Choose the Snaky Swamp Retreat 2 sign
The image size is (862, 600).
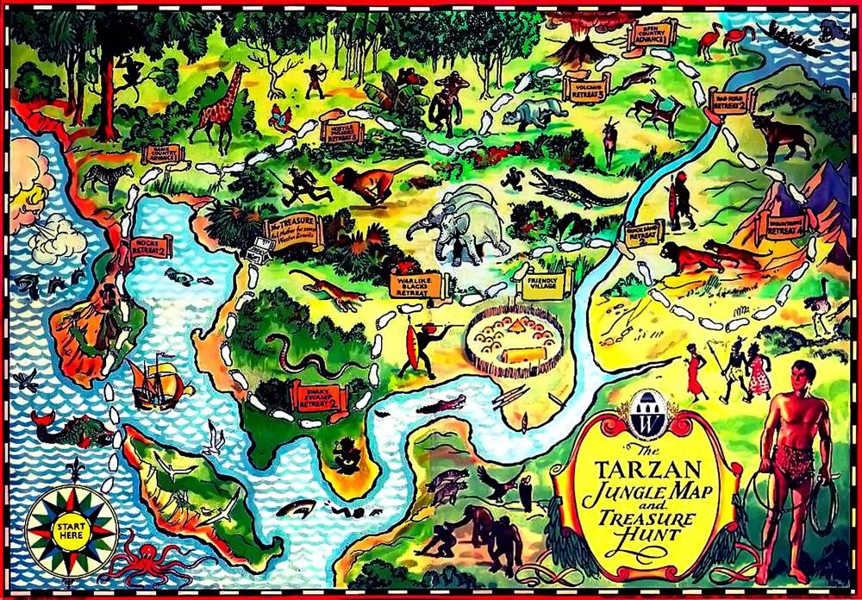321,397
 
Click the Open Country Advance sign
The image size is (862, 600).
649,35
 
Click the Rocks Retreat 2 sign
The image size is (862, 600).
151,247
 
